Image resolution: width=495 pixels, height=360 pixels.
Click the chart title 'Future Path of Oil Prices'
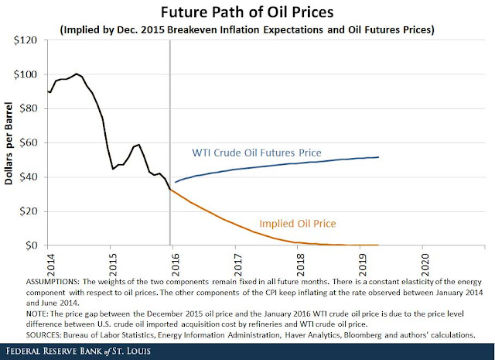click(x=247, y=12)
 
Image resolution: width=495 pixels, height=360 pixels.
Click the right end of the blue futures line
click(x=378, y=157)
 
